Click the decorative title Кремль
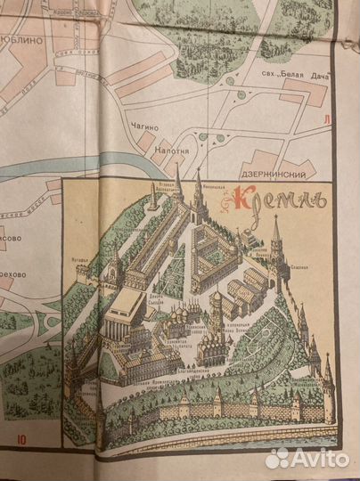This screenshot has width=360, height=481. (x=282, y=200)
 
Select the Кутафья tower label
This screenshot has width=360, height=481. (x=78, y=260)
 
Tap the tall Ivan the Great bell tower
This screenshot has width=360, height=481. (x=215, y=307)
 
